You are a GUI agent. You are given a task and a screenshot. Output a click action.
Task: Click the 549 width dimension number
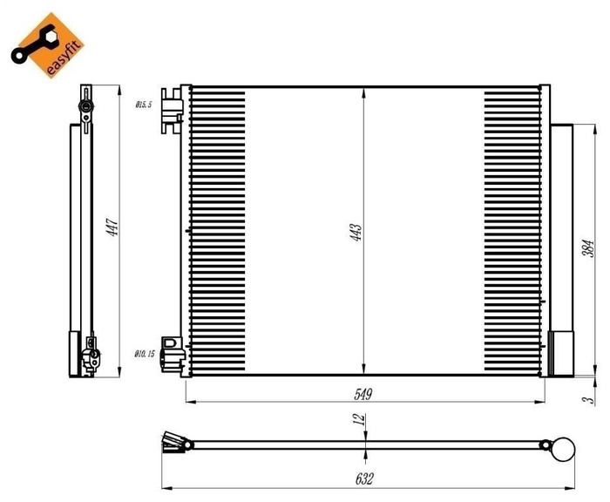pos(363,395)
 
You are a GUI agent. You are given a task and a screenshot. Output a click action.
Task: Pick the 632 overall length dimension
pos(366,478)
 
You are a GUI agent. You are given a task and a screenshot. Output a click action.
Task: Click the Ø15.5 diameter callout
pos(143,104)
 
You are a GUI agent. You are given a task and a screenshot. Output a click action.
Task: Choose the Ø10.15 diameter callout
pos(144,354)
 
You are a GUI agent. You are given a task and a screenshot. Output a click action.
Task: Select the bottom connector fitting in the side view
pos(88,356)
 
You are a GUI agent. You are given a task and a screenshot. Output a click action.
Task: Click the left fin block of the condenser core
pos(218,231)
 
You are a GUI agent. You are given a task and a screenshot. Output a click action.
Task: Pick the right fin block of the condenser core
pos(512,231)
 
